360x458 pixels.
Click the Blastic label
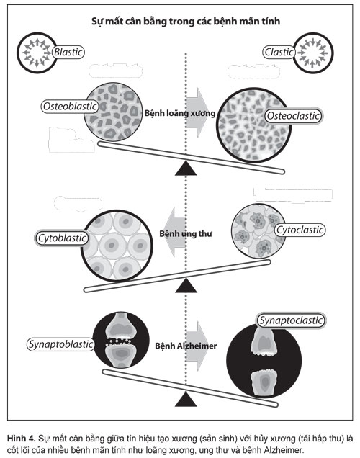click(x=68, y=52)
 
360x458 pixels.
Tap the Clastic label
click(x=279, y=52)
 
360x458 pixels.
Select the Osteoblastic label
click(x=70, y=107)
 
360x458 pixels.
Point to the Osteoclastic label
click(x=294, y=116)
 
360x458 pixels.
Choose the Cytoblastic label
click(x=62, y=238)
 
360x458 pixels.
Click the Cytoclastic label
click(x=300, y=230)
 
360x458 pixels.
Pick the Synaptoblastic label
click(x=60, y=344)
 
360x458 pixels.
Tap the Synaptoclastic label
click(x=291, y=320)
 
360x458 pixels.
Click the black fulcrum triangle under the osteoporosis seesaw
click(x=186, y=169)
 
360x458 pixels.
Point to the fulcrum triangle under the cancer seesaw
click(x=186, y=285)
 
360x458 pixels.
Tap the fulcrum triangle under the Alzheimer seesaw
click(x=186, y=399)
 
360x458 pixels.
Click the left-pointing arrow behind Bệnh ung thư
click(x=174, y=233)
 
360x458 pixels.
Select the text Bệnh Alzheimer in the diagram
click(x=186, y=346)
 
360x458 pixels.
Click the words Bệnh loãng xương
click(x=180, y=113)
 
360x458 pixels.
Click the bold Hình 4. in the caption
click(x=22, y=438)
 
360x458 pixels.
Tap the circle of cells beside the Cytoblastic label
click(x=117, y=246)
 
